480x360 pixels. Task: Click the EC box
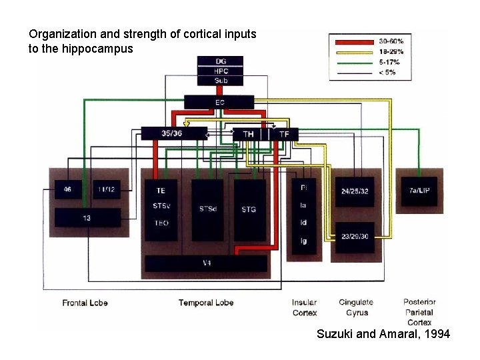click(219, 102)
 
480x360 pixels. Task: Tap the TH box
click(249, 134)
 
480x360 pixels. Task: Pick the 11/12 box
click(106, 190)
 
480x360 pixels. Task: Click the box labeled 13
click(87, 218)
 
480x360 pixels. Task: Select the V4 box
click(206, 263)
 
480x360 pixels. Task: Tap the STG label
click(249, 209)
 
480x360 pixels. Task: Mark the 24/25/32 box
click(355, 191)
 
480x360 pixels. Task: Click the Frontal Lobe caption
click(85, 303)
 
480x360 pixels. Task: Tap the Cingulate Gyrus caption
click(354, 308)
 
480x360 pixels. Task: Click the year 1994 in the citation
click(436, 333)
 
